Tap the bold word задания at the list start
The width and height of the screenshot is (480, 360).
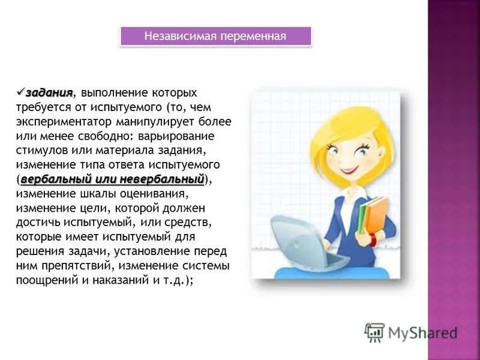[50, 92]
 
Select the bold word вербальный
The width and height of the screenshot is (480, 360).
[56, 179]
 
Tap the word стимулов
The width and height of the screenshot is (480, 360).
[40, 150]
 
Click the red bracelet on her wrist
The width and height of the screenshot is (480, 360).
[373, 239]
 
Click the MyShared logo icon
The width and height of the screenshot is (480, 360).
[374, 332]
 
